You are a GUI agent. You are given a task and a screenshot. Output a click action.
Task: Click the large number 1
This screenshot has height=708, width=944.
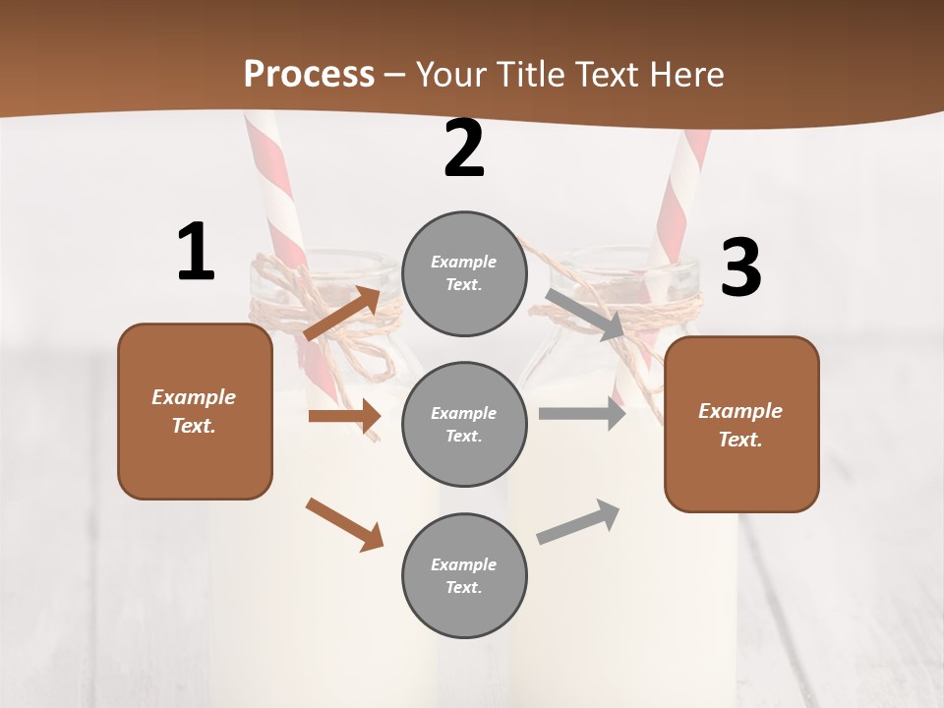coord(195,253)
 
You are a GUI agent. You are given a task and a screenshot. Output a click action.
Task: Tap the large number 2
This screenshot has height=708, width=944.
coord(464,149)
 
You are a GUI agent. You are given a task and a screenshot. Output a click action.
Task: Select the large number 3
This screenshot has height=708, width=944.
coord(740,268)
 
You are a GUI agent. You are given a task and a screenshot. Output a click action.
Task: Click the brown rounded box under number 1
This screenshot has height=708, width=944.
coord(195,411)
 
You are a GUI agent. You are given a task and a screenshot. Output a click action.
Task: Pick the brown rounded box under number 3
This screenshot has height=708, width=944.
coord(741,424)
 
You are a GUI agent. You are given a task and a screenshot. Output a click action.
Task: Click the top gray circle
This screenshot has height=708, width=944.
coord(464,273)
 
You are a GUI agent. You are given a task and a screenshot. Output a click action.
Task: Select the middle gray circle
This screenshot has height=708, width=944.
coord(464,424)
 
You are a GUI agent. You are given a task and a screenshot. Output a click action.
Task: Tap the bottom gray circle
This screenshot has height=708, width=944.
coord(464,575)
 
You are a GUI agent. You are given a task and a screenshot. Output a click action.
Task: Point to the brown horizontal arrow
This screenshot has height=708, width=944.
coord(344,416)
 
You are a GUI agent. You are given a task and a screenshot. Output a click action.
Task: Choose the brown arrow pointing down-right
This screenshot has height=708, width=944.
coord(344,524)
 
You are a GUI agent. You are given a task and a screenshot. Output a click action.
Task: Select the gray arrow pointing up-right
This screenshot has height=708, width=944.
coord(578,522)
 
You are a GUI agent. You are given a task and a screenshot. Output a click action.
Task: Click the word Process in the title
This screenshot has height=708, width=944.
coord(309,74)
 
